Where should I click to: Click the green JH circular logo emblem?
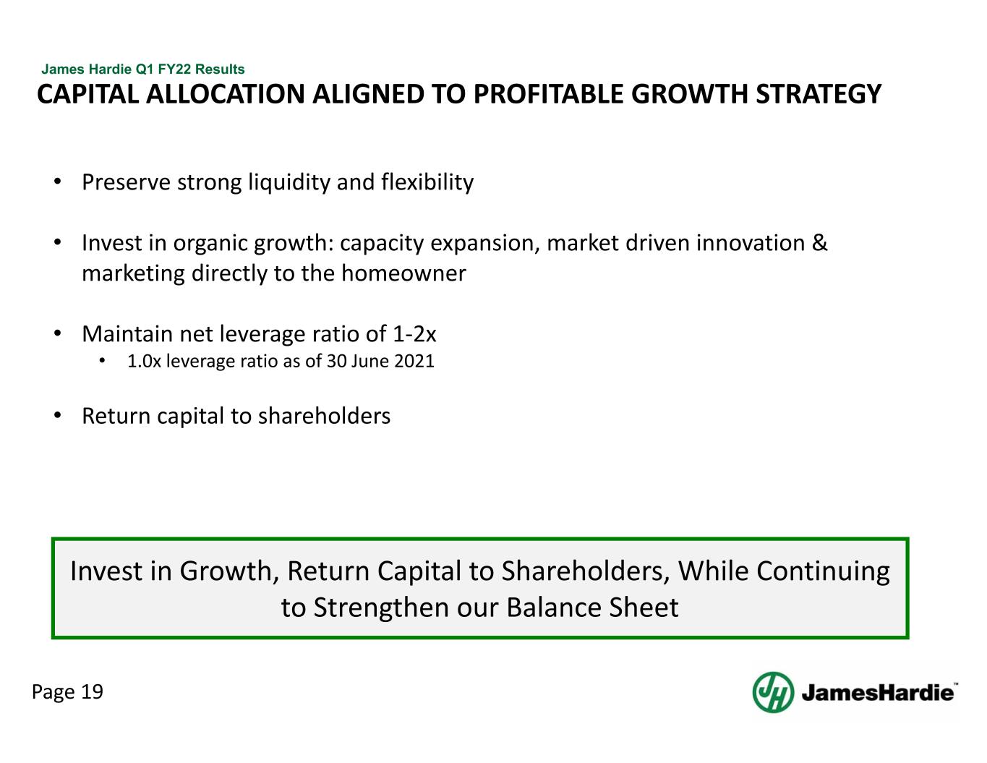click(773, 692)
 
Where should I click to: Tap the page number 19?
click(93, 691)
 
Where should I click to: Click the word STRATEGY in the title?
click(819, 94)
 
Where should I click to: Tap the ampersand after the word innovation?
click(820, 242)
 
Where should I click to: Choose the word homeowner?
click(403, 273)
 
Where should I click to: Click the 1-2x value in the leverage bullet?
click(414, 334)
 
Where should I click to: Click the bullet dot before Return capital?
click(57, 415)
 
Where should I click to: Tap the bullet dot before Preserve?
click(57, 182)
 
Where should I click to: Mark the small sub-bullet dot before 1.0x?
click(102, 362)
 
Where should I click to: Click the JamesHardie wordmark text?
click(878, 693)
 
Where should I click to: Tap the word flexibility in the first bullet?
click(427, 182)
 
